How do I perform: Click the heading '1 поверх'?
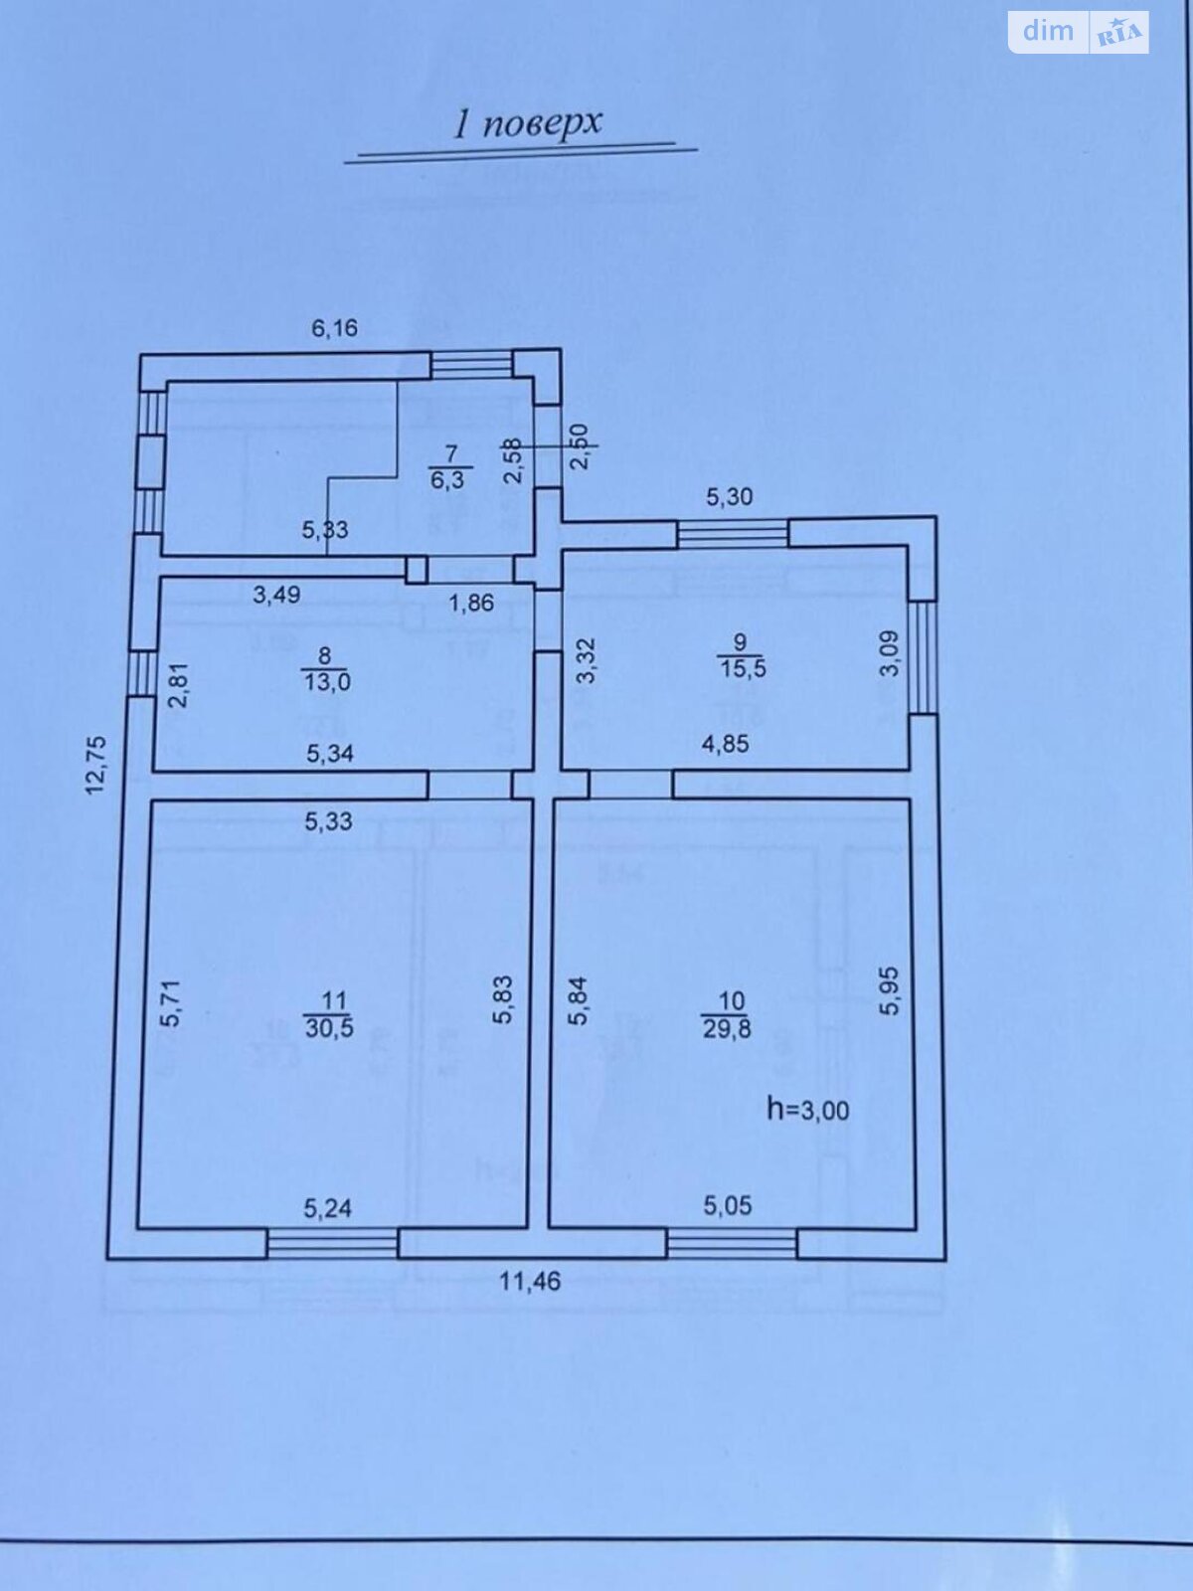point(527,124)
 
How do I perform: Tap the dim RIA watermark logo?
point(1078,33)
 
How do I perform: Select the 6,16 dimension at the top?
point(335,328)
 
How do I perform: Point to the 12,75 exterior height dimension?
point(95,765)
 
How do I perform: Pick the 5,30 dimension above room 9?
point(730,496)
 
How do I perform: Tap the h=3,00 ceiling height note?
point(808,1110)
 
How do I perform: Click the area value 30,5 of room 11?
point(329,1027)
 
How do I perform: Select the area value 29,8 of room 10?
point(727,1028)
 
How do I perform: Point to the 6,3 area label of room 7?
point(447,480)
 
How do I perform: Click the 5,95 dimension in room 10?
point(890,990)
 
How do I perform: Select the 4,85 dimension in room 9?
point(725,744)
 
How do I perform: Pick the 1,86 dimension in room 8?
point(471,603)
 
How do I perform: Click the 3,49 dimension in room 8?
point(276,595)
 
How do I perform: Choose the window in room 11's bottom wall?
point(332,1243)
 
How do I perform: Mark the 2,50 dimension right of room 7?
point(581,446)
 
